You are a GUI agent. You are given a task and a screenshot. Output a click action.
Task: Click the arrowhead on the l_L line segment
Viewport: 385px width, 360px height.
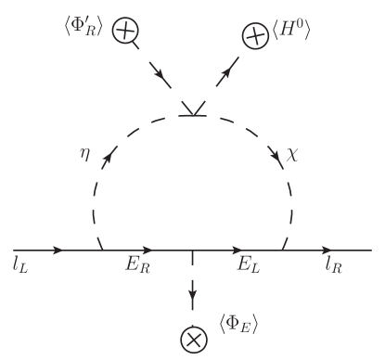click(x=61, y=251)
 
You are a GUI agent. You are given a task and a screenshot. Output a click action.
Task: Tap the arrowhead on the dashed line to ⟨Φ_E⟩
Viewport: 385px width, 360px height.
click(x=193, y=298)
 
